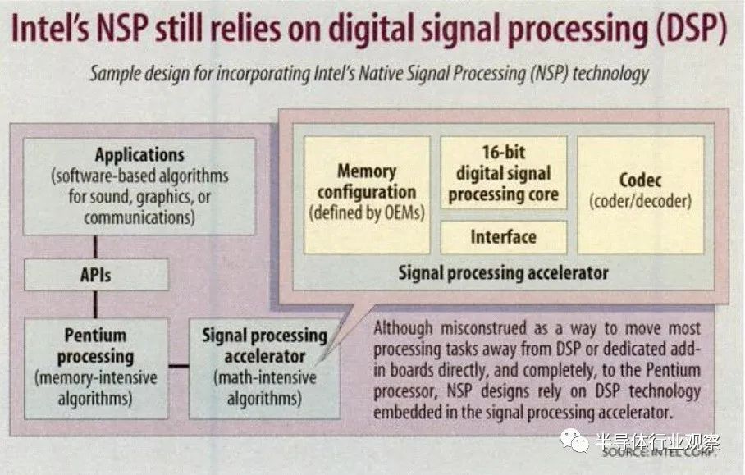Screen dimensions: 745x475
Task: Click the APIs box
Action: (97, 275)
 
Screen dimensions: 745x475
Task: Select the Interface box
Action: (504, 236)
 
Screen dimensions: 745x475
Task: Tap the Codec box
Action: (641, 195)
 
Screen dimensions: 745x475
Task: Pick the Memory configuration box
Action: (367, 195)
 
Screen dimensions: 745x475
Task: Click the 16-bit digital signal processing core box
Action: (504, 173)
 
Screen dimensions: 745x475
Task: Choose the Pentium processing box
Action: (96, 368)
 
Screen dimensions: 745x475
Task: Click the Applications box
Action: (139, 186)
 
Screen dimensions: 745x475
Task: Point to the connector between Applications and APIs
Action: (95, 247)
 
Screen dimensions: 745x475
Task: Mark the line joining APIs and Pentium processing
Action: (95, 304)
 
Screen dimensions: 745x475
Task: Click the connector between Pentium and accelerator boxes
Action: (179, 366)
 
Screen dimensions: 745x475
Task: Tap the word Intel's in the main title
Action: (50, 29)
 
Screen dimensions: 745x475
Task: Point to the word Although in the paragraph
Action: (403, 328)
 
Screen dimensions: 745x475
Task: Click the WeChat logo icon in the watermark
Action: (574, 441)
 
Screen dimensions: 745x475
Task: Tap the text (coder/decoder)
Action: (641, 201)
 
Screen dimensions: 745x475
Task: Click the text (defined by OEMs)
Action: (367, 212)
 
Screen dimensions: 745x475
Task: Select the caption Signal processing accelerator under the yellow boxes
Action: (503, 273)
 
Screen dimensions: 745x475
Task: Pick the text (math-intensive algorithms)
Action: (265, 388)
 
